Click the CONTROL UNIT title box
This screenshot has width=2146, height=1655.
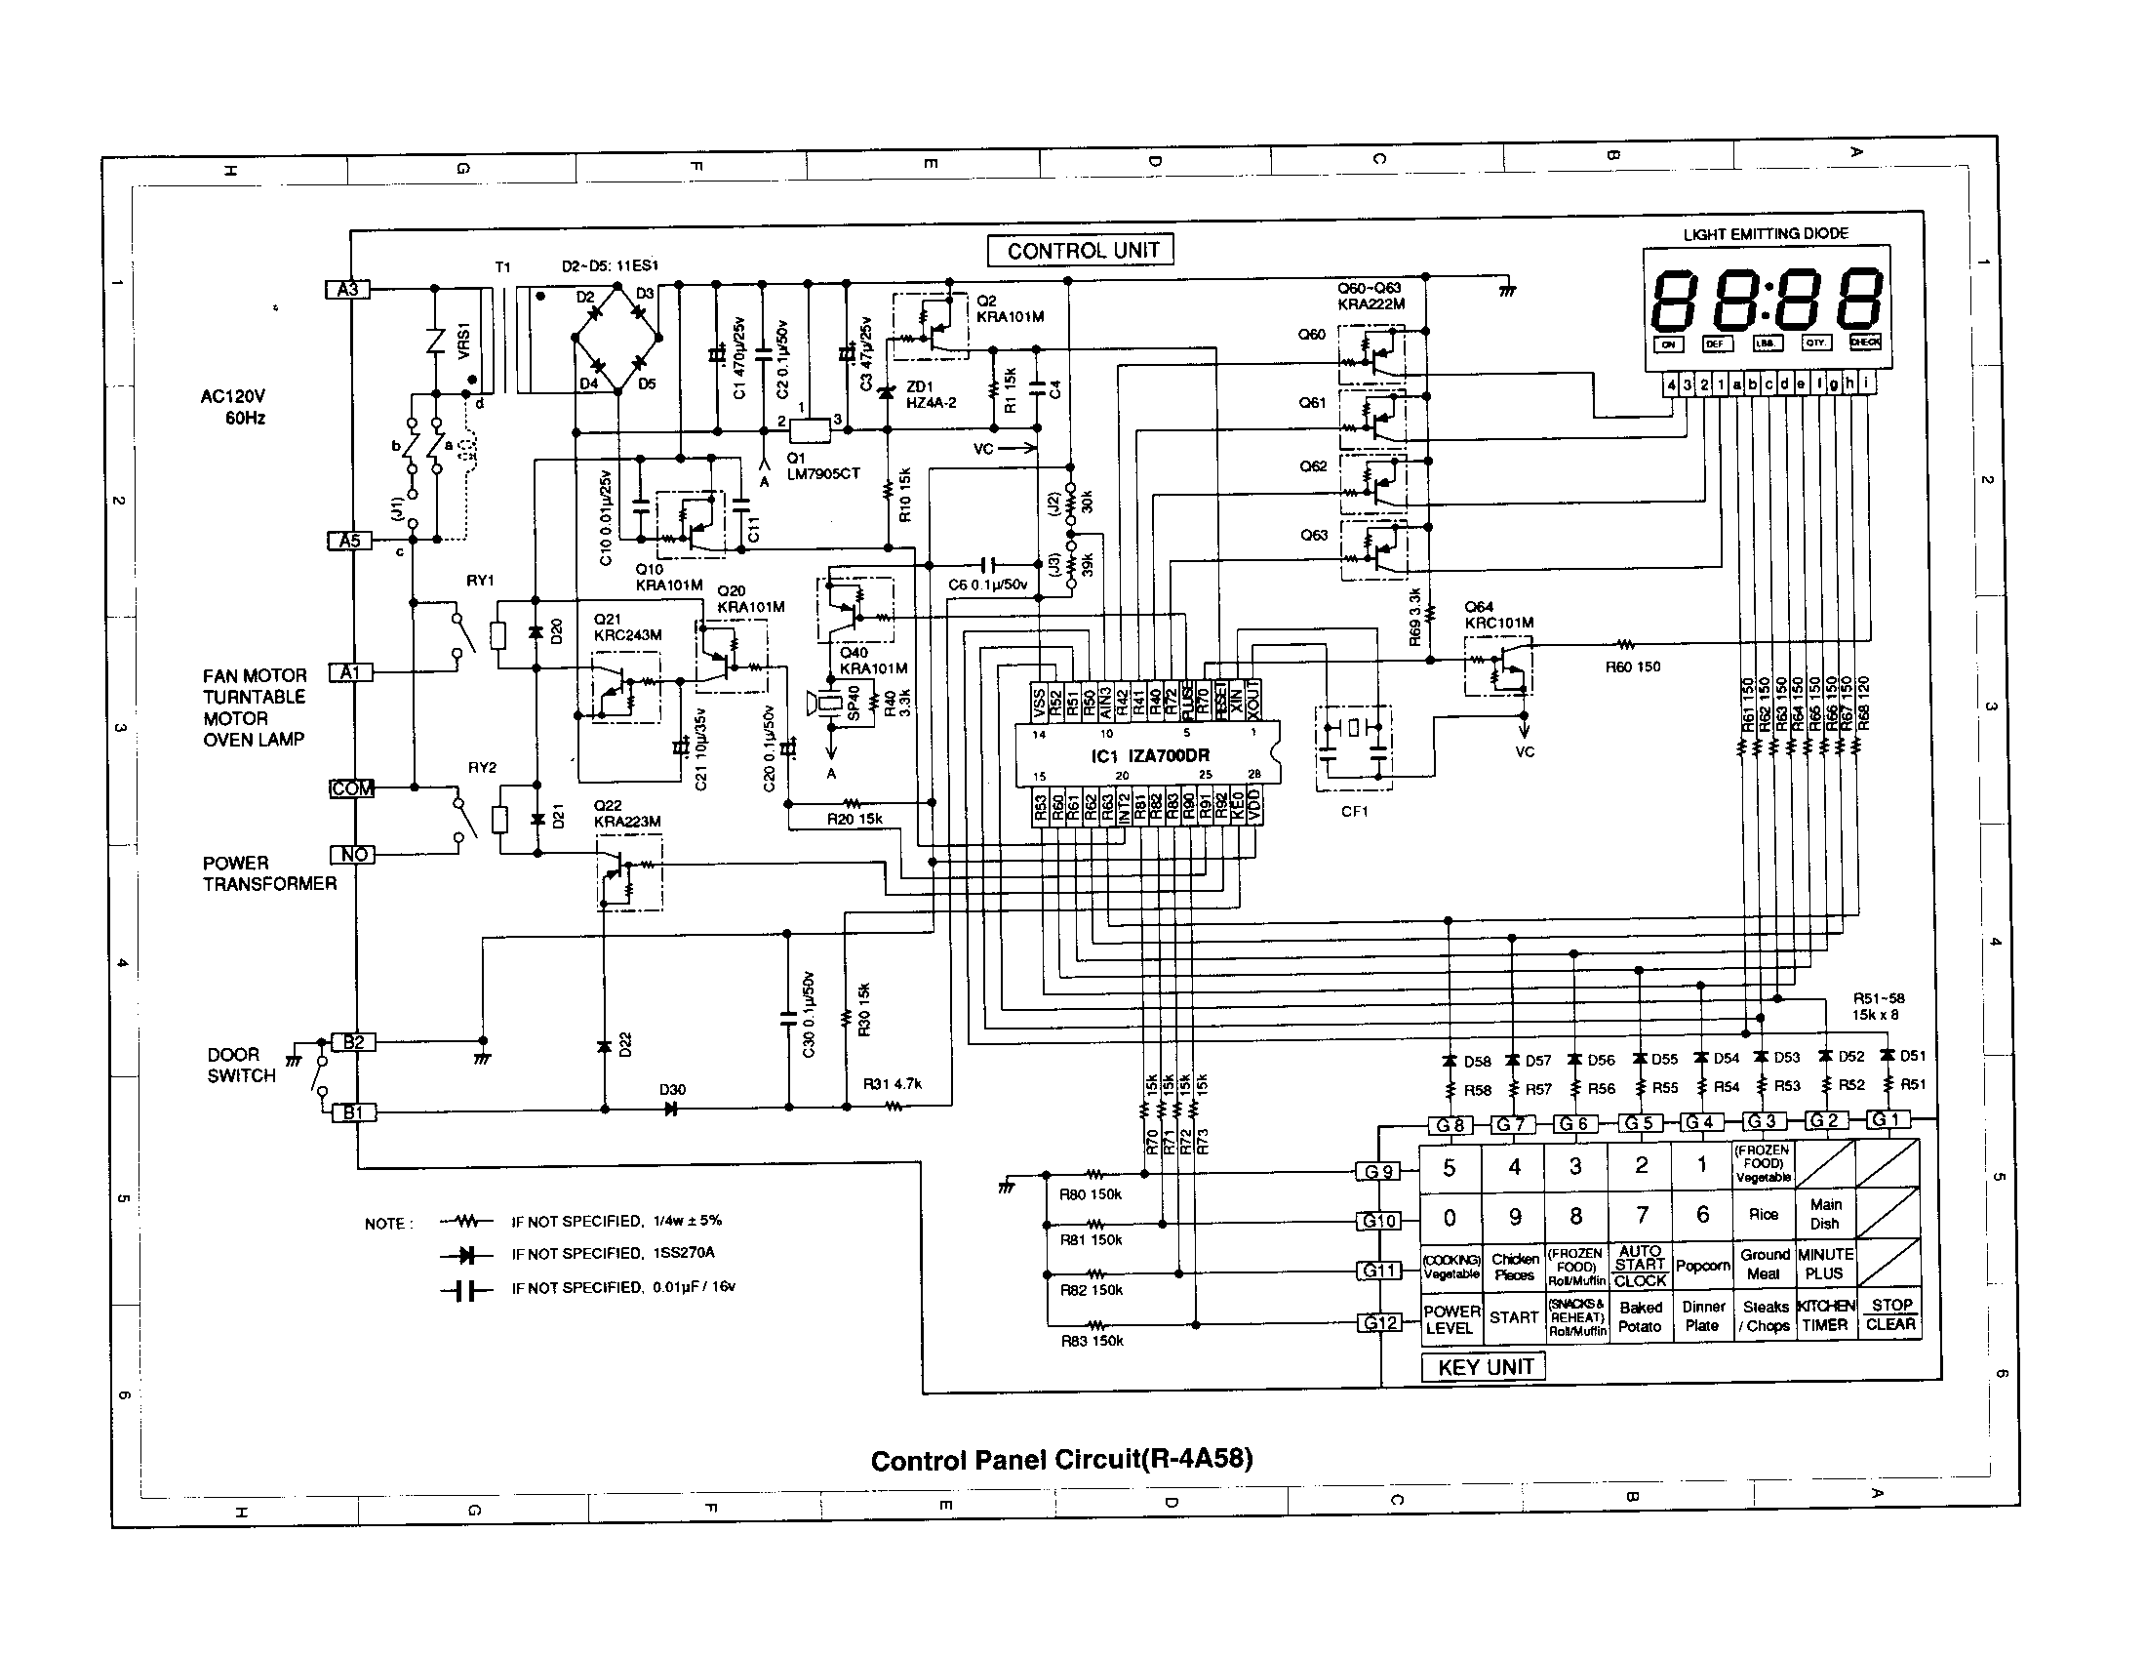1080,251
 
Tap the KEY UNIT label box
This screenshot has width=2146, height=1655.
1484,1367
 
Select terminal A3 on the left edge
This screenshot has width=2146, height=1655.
348,289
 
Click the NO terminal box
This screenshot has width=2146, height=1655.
353,854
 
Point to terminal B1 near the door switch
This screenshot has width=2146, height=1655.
353,1112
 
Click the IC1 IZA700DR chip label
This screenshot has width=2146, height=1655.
1150,755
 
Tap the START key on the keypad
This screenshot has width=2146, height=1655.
1513,1317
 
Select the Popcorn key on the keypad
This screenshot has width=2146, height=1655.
1702,1266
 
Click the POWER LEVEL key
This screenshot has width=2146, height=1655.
1451,1319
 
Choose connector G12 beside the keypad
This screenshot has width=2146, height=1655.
1379,1323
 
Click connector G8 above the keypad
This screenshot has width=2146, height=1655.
1451,1125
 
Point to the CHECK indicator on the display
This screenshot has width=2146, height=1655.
1864,343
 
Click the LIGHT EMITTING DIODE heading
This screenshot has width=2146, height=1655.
1766,234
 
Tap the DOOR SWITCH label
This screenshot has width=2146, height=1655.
241,1066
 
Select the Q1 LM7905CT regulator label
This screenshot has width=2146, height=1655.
821,465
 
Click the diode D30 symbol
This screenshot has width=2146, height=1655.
672,1109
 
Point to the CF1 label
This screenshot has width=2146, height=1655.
1354,811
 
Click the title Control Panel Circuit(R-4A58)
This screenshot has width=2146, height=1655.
1061,1460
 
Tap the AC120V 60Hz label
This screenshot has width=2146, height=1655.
234,407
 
